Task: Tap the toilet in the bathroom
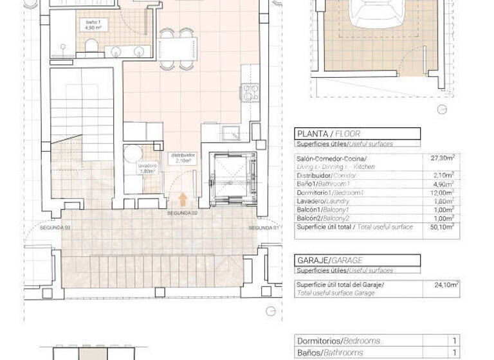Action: point(91,46)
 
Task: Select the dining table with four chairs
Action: point(177,49)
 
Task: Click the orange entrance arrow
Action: point(183,199)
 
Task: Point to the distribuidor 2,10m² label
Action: point(183,158)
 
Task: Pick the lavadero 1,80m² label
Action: point(147,168)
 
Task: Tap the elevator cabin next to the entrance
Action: point(233,177)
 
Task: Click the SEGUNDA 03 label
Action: point(53,228)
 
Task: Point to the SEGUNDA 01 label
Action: point(264,228)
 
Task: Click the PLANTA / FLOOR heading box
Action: point(357,134)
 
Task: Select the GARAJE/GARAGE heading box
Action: point(357,260)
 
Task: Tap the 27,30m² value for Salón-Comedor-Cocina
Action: point(443,157)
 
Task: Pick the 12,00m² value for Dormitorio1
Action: point(443,192)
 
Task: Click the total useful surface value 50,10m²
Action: point(443,226)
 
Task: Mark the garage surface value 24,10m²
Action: point(444,284)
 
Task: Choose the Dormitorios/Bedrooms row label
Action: point(338,341)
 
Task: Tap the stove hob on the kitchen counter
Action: point(250,93)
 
